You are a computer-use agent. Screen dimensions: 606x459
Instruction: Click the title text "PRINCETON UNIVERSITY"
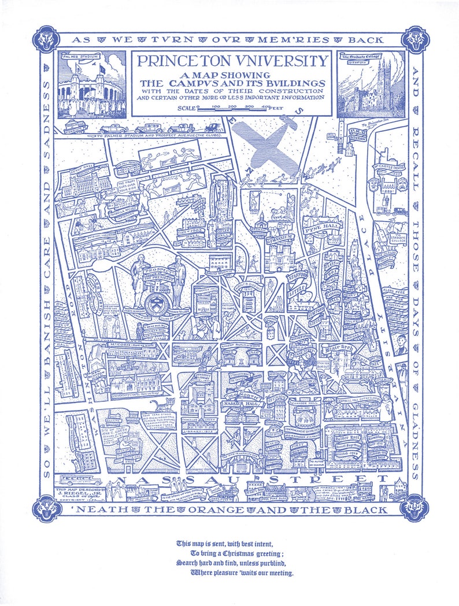(x=231, y=61)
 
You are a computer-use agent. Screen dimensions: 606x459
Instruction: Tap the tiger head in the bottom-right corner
(x=415, y=508)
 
